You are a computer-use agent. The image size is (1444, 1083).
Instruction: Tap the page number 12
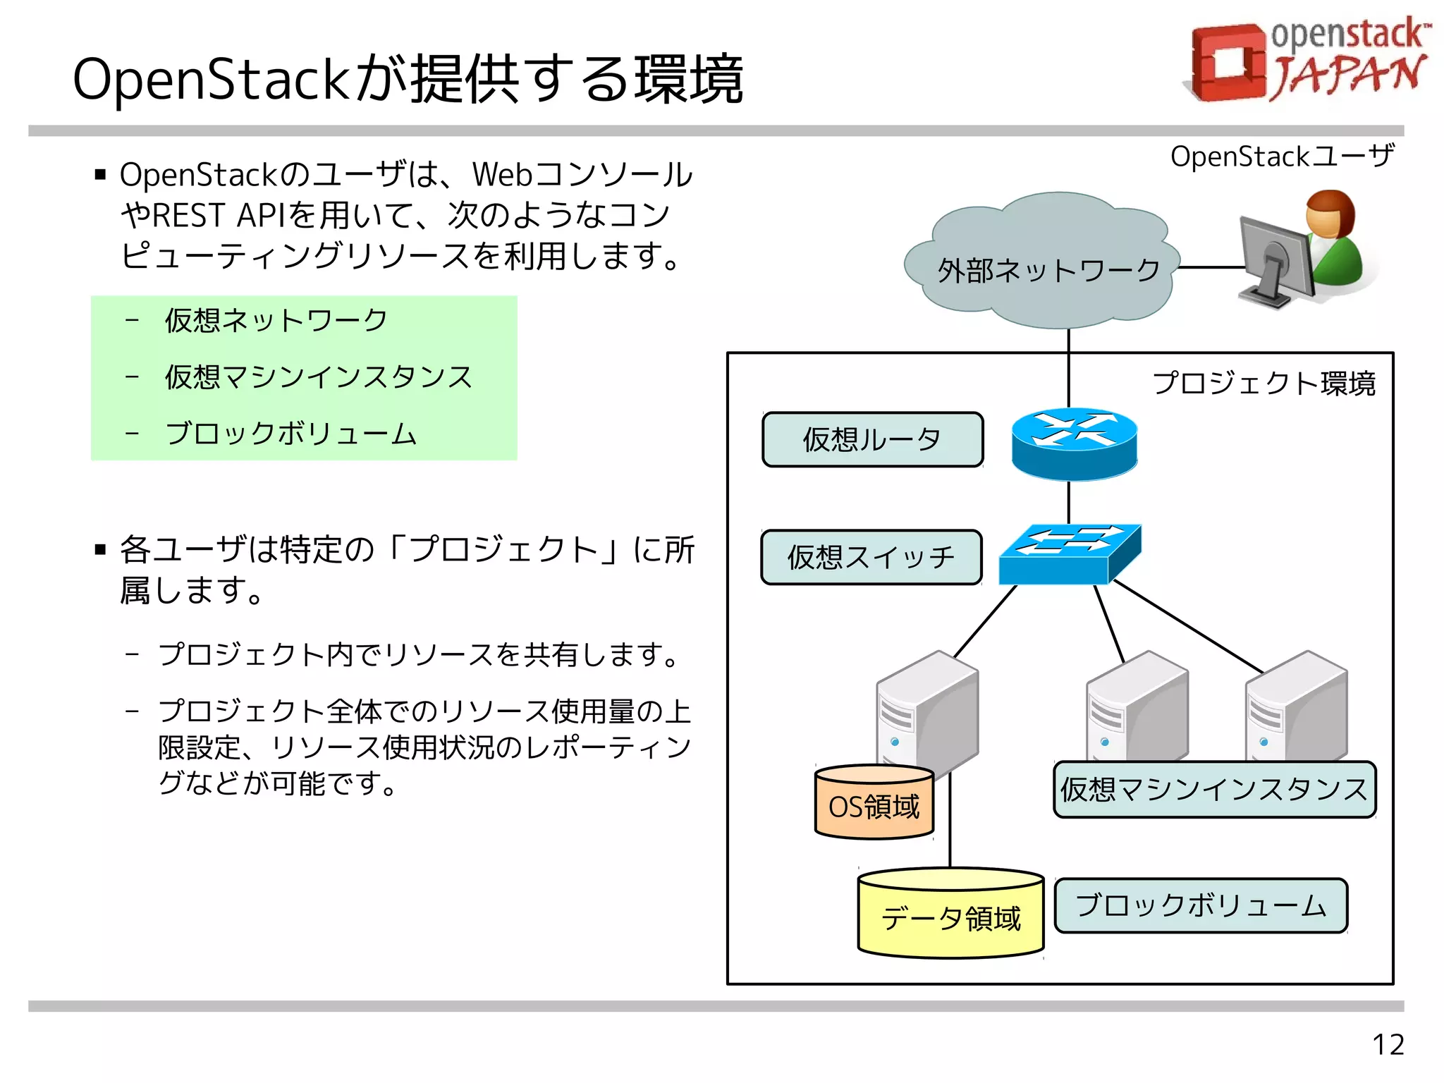coord(1387,1044)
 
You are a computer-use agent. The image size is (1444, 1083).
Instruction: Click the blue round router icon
coord(1074,444)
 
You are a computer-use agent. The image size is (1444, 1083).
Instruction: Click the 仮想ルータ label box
coord(872,440)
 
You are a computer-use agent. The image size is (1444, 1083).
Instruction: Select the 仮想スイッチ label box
coord(871,558)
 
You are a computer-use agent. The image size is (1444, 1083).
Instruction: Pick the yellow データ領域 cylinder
coord(950,917)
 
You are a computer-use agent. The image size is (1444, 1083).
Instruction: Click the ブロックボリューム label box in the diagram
coord(1200,906)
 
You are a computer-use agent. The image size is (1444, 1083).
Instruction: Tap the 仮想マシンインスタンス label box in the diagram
coord(1213,790)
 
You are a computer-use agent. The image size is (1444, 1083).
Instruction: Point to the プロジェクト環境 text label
coord(1263,384)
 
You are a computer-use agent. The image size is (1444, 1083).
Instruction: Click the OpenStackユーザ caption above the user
coord(1281,157)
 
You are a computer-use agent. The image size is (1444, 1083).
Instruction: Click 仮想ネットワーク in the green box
coord(276,321)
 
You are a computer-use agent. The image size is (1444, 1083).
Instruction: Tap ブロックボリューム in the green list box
coord(290,434)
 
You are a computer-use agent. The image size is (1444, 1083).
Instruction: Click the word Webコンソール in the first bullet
coord(582,175)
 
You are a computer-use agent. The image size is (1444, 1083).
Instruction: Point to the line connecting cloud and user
coord(1209,267)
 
